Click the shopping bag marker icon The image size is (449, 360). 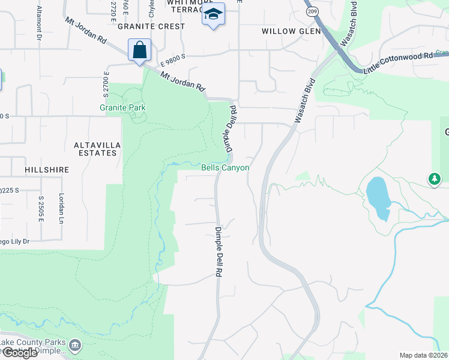coord(139,50)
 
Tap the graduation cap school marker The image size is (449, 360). coord(212,14)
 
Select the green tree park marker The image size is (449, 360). coord(434,178)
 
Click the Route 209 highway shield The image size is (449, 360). coord(312,11)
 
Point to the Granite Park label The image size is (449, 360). coord(123,108)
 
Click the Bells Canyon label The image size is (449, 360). coord(224,168)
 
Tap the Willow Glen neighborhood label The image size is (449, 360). coord(287,31)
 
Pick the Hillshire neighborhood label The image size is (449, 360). coord(47,170)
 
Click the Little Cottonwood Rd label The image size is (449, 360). coord(398,63)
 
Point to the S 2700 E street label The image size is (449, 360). coord(105,85)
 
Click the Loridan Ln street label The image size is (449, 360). coord(61,208)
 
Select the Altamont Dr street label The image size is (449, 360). coord(39,23)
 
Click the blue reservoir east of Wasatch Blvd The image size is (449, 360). coord(376,196)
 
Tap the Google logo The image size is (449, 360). coord(19,353)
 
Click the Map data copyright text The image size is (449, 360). coord(424,355)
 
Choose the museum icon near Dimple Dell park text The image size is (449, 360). coord(75,345)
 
